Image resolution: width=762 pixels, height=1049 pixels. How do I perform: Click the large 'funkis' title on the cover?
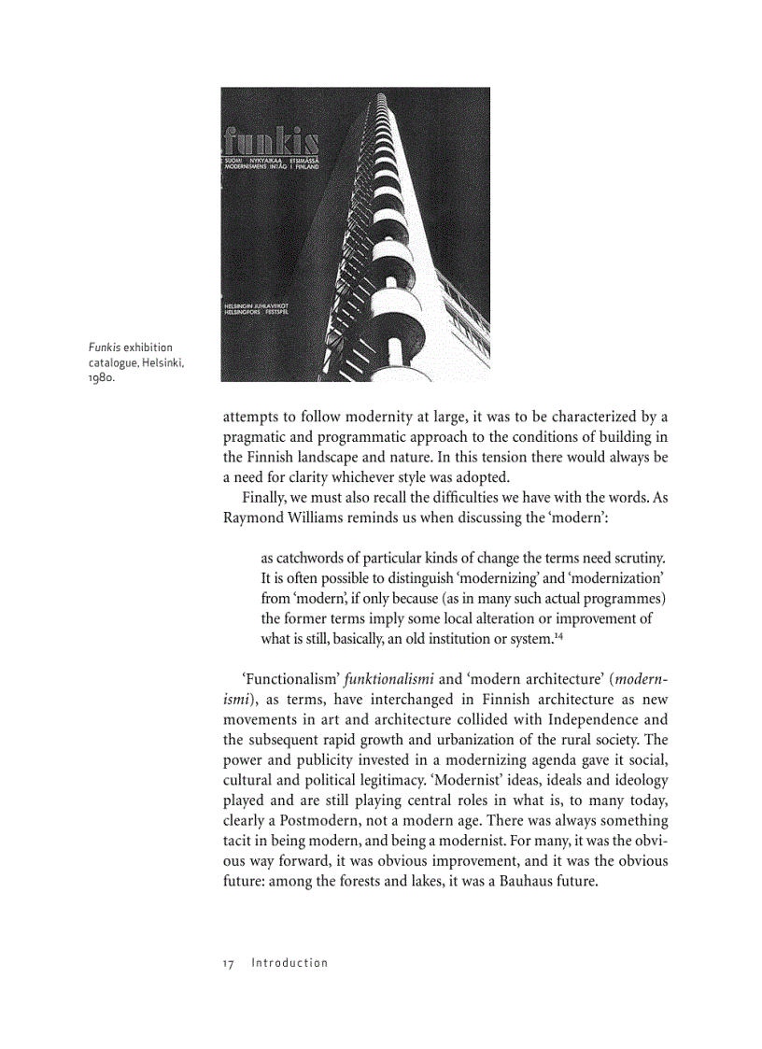point(271,143)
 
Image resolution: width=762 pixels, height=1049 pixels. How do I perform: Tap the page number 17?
point(228,963)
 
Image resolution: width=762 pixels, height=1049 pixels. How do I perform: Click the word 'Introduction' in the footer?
point(289,963)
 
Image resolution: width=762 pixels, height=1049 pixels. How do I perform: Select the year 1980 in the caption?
point(102,378)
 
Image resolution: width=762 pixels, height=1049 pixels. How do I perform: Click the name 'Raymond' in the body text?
point(255,517)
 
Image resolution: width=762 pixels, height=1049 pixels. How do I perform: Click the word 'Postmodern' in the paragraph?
point(301,821)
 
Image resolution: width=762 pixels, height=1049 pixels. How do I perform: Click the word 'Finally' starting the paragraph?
point(265,497)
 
